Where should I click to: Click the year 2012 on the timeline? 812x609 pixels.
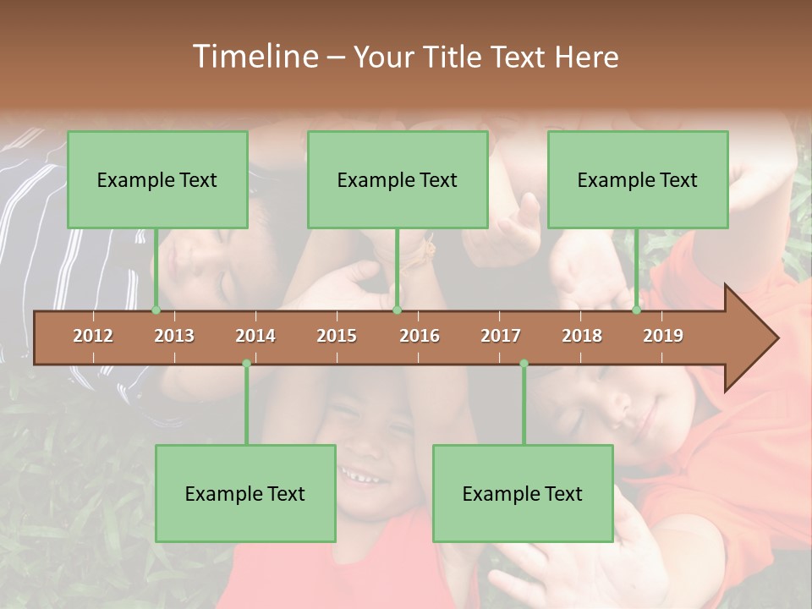pyautogui.click(x=93, y=336)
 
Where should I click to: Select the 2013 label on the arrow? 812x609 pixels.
pyautogui.click(x=174, y=336)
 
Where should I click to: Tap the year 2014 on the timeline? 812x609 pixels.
pyautogui.click(x=255, y=336)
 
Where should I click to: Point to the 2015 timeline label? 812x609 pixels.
pyautogui.click(x=337, y=336)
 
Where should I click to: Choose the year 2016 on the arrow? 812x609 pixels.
pyautogui.click(x=420, y=336)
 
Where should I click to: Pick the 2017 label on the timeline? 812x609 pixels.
pyautogui.click(x=501, y=336)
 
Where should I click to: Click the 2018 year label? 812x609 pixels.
pyautogui.click(x=582, y=336)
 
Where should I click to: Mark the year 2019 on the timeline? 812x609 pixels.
pyautogui.click(x=663, y=336)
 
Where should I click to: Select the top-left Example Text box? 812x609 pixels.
pyautogui.click(x=157, y=179)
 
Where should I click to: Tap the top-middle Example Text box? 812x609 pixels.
pyautogui.click(x=398, y=179)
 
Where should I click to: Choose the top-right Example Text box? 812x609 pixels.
pyautogui.click(x=638, y=179)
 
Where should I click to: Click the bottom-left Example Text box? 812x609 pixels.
pyautogui.click(x=245, y=493)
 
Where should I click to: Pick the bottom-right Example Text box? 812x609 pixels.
pyautogui.click(x=523, y=493)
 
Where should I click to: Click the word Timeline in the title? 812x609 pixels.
pyautogui.click(x=253, y=57)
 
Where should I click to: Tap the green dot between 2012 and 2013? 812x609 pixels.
pyautogui.click(x=156, y=310)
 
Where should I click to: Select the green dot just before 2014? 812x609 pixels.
pyautogui.click(x=246, y=364)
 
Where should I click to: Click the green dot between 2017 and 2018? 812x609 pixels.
pyautogui.click(x=524, y=364)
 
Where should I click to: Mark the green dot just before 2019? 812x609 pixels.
pyautogui.click(x=636, y=310)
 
